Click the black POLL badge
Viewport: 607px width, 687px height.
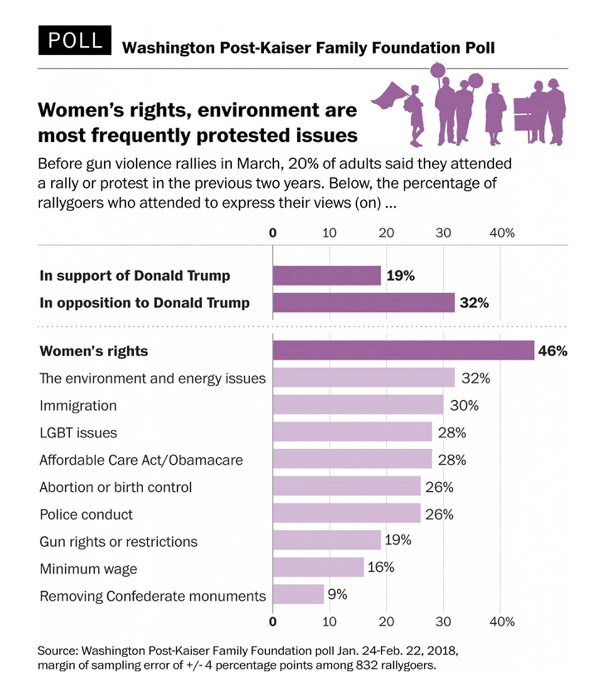click(74, 40)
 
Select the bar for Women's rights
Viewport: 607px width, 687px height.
click(403, 350)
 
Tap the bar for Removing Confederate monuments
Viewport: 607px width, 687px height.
click(298, 594)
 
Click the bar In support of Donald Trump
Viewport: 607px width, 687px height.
click(326, 276)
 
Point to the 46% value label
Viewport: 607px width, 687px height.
click(552, 351)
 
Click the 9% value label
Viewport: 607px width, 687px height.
click(338, 594)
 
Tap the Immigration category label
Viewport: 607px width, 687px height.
click(78, 405)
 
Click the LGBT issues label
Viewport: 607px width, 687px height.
click(78, 432)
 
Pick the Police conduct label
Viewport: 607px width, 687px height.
click(86, 514)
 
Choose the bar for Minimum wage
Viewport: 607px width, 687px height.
click(318, 567)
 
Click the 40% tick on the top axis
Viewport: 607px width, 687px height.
click(502, 233)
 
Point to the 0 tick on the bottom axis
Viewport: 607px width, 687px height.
click(273, 621)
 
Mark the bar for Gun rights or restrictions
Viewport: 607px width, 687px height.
click(326, 540)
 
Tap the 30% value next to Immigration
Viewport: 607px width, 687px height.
click(464, 405)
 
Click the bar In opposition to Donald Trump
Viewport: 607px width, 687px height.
click(364, 303)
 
